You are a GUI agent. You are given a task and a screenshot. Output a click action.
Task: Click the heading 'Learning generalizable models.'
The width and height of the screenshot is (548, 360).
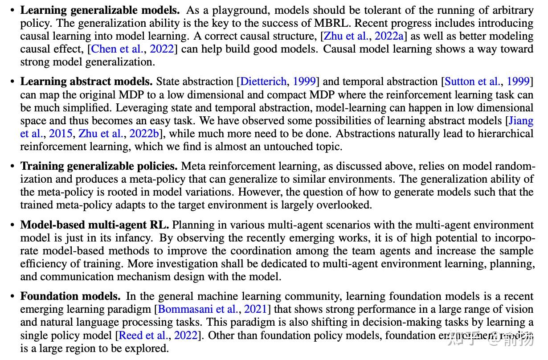click(x=100, y=10)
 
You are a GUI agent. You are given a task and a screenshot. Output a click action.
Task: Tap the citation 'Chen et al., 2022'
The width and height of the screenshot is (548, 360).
click(x=132, y=49)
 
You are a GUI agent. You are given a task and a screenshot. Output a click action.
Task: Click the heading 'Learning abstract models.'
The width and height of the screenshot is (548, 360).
click(x=86, y=82)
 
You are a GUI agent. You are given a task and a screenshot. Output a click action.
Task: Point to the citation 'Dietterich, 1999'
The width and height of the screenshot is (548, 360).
click(x=278, y=82)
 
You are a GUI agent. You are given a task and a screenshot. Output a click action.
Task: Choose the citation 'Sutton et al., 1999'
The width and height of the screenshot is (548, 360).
click(x=487, y=82)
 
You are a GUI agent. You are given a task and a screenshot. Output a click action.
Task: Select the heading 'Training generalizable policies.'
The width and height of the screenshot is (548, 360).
click(x=99, y=166)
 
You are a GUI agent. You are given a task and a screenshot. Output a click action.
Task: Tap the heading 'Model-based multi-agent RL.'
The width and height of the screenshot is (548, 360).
click(x=94, y=225)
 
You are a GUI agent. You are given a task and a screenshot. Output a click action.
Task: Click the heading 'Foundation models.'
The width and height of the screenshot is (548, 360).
click(x=70, y=296)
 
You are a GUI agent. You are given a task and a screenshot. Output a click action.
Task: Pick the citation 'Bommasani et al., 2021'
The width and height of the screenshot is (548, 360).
click(x=213, y=309)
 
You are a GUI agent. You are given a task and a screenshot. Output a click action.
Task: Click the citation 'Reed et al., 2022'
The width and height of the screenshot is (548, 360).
click(x=158, y=335)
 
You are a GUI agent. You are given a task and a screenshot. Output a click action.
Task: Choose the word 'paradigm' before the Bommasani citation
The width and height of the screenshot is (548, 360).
click(x=129, y=309)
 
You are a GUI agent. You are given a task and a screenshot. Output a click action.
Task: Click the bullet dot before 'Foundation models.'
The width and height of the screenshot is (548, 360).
click(x=12, y=296)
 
